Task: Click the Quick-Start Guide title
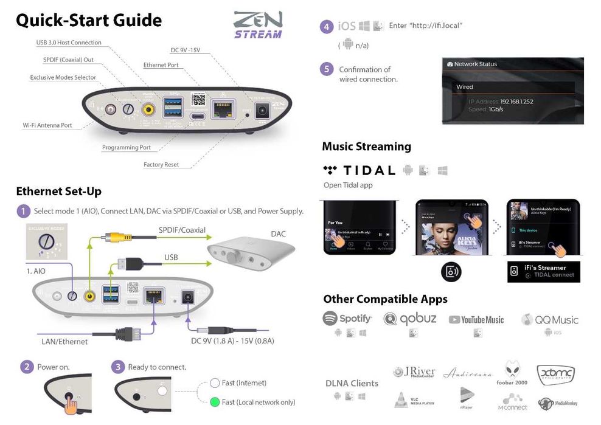[x=89, y=20]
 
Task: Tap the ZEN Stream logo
[x=258, y=25]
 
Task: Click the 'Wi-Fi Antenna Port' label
[x=47, y=125]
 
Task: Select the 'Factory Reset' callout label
[x=161, y=165]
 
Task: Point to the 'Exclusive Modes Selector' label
[x=63, y=77]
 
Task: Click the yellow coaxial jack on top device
[x=148, y=109]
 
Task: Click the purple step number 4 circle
[x=327, y=26]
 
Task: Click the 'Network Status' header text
[x=475, y=64]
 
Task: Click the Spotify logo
[x=347, y=319]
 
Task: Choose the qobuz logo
[x=410, y=319]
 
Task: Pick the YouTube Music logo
[x=476, y=320]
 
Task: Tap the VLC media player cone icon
[x=401, y=399]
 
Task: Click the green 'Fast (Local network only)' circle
[x=214, y=402]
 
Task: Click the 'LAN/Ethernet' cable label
[x=64, y=342]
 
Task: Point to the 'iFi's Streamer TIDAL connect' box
[x=543, y=271]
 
